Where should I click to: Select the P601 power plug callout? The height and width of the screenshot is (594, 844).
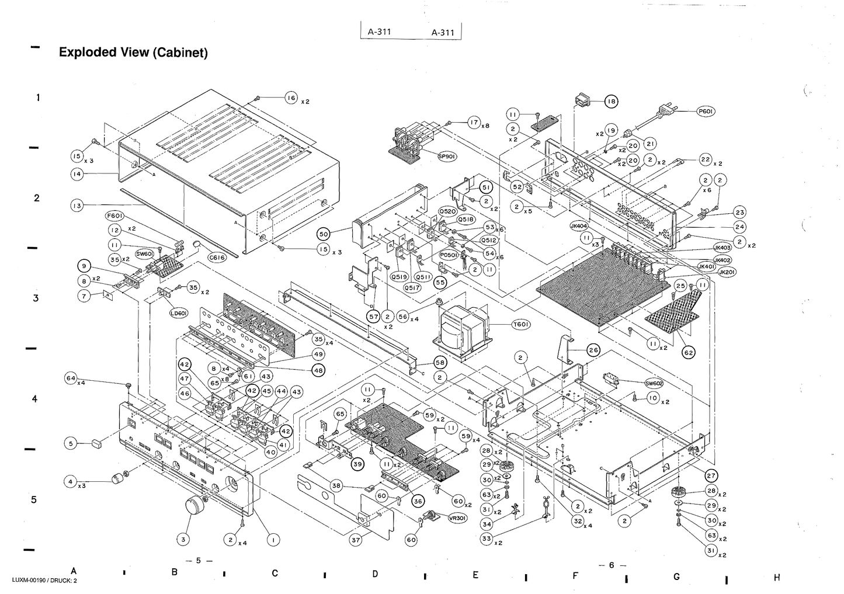point(705,111)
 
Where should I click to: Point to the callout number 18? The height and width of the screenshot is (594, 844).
point(610,101)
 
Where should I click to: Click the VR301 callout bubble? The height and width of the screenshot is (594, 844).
point(457,517)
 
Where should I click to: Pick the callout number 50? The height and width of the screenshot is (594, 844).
point(323,234)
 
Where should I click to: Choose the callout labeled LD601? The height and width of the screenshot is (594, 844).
point(178,313)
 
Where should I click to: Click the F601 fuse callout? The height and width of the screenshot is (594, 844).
point(114,216)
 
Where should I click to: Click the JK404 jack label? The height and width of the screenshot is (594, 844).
point(578,225)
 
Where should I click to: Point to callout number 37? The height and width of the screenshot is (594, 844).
point(356,540)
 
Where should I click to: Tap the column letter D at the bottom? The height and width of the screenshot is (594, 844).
point(375,574)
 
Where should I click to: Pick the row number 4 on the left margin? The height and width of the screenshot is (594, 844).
point(38,399)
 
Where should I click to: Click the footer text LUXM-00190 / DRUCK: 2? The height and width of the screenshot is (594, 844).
point(44,580)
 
